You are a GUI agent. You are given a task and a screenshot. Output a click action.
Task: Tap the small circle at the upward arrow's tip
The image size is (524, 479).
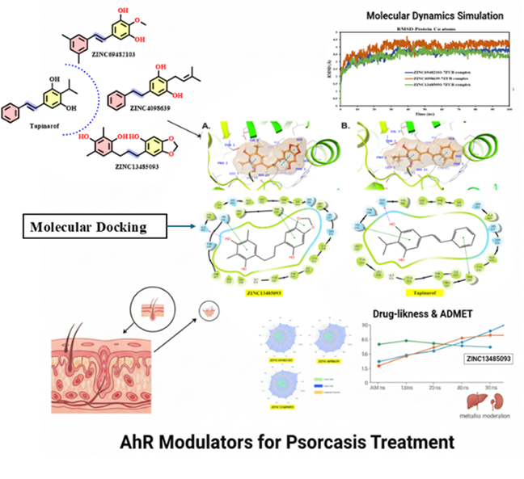point(214,311)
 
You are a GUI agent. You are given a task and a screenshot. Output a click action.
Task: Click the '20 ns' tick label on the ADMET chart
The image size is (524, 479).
point(435,389)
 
